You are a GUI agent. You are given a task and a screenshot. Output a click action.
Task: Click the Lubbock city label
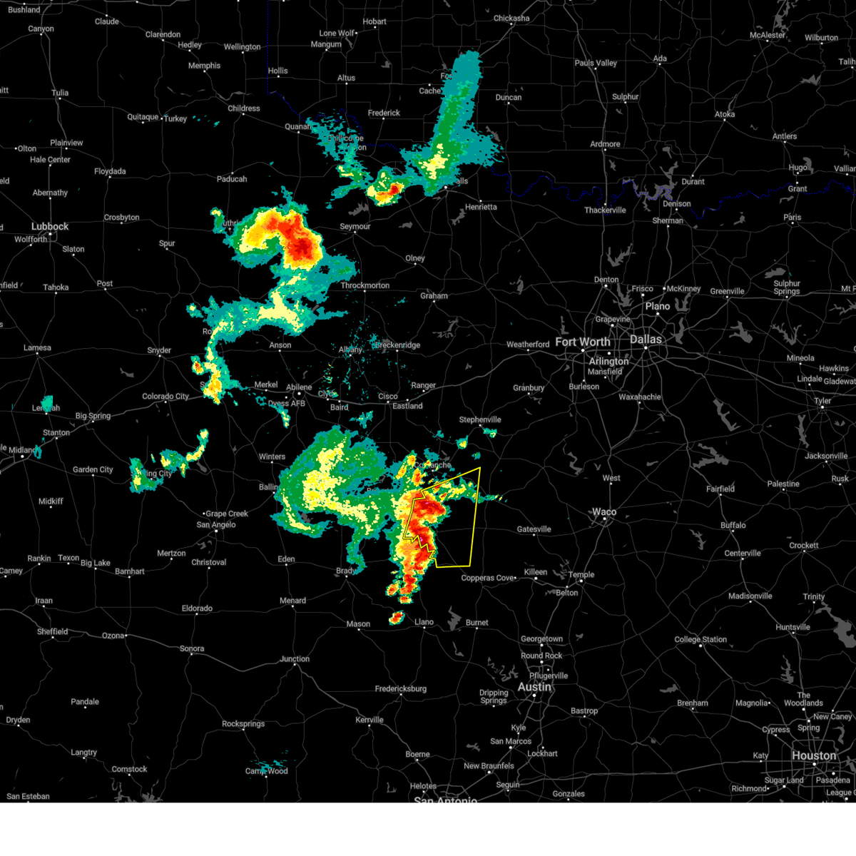(50, 227)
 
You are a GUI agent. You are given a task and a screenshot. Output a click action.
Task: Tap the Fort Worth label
(582, 342)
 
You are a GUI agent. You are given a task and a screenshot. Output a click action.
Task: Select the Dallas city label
(646, 340)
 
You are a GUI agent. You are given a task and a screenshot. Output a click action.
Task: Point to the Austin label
(534, 687)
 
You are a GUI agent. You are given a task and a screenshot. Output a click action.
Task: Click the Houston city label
(813, 755)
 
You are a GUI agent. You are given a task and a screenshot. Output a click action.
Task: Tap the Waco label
(604, 512)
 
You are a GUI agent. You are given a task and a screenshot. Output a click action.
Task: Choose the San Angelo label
(216, 525)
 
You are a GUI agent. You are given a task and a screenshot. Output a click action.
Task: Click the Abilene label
(299, 388)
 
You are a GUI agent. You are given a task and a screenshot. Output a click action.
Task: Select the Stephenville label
(480, 420)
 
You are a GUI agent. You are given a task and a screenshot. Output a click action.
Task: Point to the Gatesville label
(534, 529)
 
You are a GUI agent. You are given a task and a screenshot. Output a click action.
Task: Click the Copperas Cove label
(488, 578)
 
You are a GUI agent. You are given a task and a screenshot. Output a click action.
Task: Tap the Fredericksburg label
(401, 689)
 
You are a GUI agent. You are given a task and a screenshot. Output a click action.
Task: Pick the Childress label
(244, 109)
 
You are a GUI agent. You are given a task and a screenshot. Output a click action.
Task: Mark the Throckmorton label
(365, 285)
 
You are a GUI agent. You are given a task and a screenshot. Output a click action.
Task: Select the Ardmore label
(605, 144)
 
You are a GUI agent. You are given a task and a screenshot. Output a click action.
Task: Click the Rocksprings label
(243, 724)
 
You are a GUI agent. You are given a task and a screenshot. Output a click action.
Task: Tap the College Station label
(700, 640)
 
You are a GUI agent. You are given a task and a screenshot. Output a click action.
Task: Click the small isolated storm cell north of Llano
(397, 618)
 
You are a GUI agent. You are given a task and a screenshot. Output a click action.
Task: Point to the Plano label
(658, 307)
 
